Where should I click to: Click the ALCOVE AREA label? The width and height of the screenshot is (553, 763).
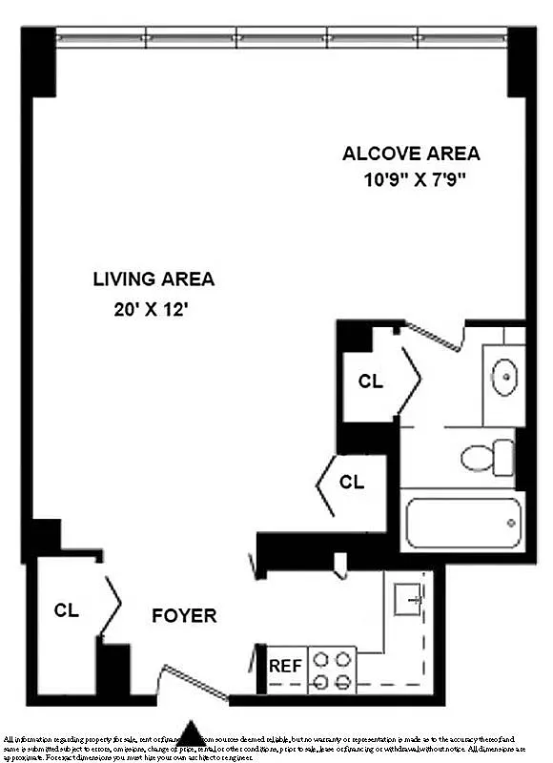(x=411, y=154)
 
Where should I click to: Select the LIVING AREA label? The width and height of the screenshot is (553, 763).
(x=154, y=279)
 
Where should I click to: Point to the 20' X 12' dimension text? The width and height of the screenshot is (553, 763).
(x=154, y=308)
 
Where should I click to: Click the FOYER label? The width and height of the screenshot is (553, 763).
(x=184, y=616)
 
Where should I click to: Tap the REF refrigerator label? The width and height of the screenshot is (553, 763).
(x=285, y=666)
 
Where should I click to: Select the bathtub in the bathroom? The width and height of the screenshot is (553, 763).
(x=461, y=522)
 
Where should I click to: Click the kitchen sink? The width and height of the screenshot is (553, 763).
(x=409, y=598)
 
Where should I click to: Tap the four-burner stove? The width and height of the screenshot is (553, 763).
(x=332, y=669)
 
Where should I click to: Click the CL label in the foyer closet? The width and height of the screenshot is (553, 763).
(x=66, y=610)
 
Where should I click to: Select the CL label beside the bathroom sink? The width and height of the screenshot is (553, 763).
(x=370, y=381)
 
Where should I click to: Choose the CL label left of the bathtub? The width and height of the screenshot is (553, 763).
(x=352, y=482)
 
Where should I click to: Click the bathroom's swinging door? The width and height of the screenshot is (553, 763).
(x=432, y=336)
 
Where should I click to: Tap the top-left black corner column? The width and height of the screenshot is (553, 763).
(x=38, y=60)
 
